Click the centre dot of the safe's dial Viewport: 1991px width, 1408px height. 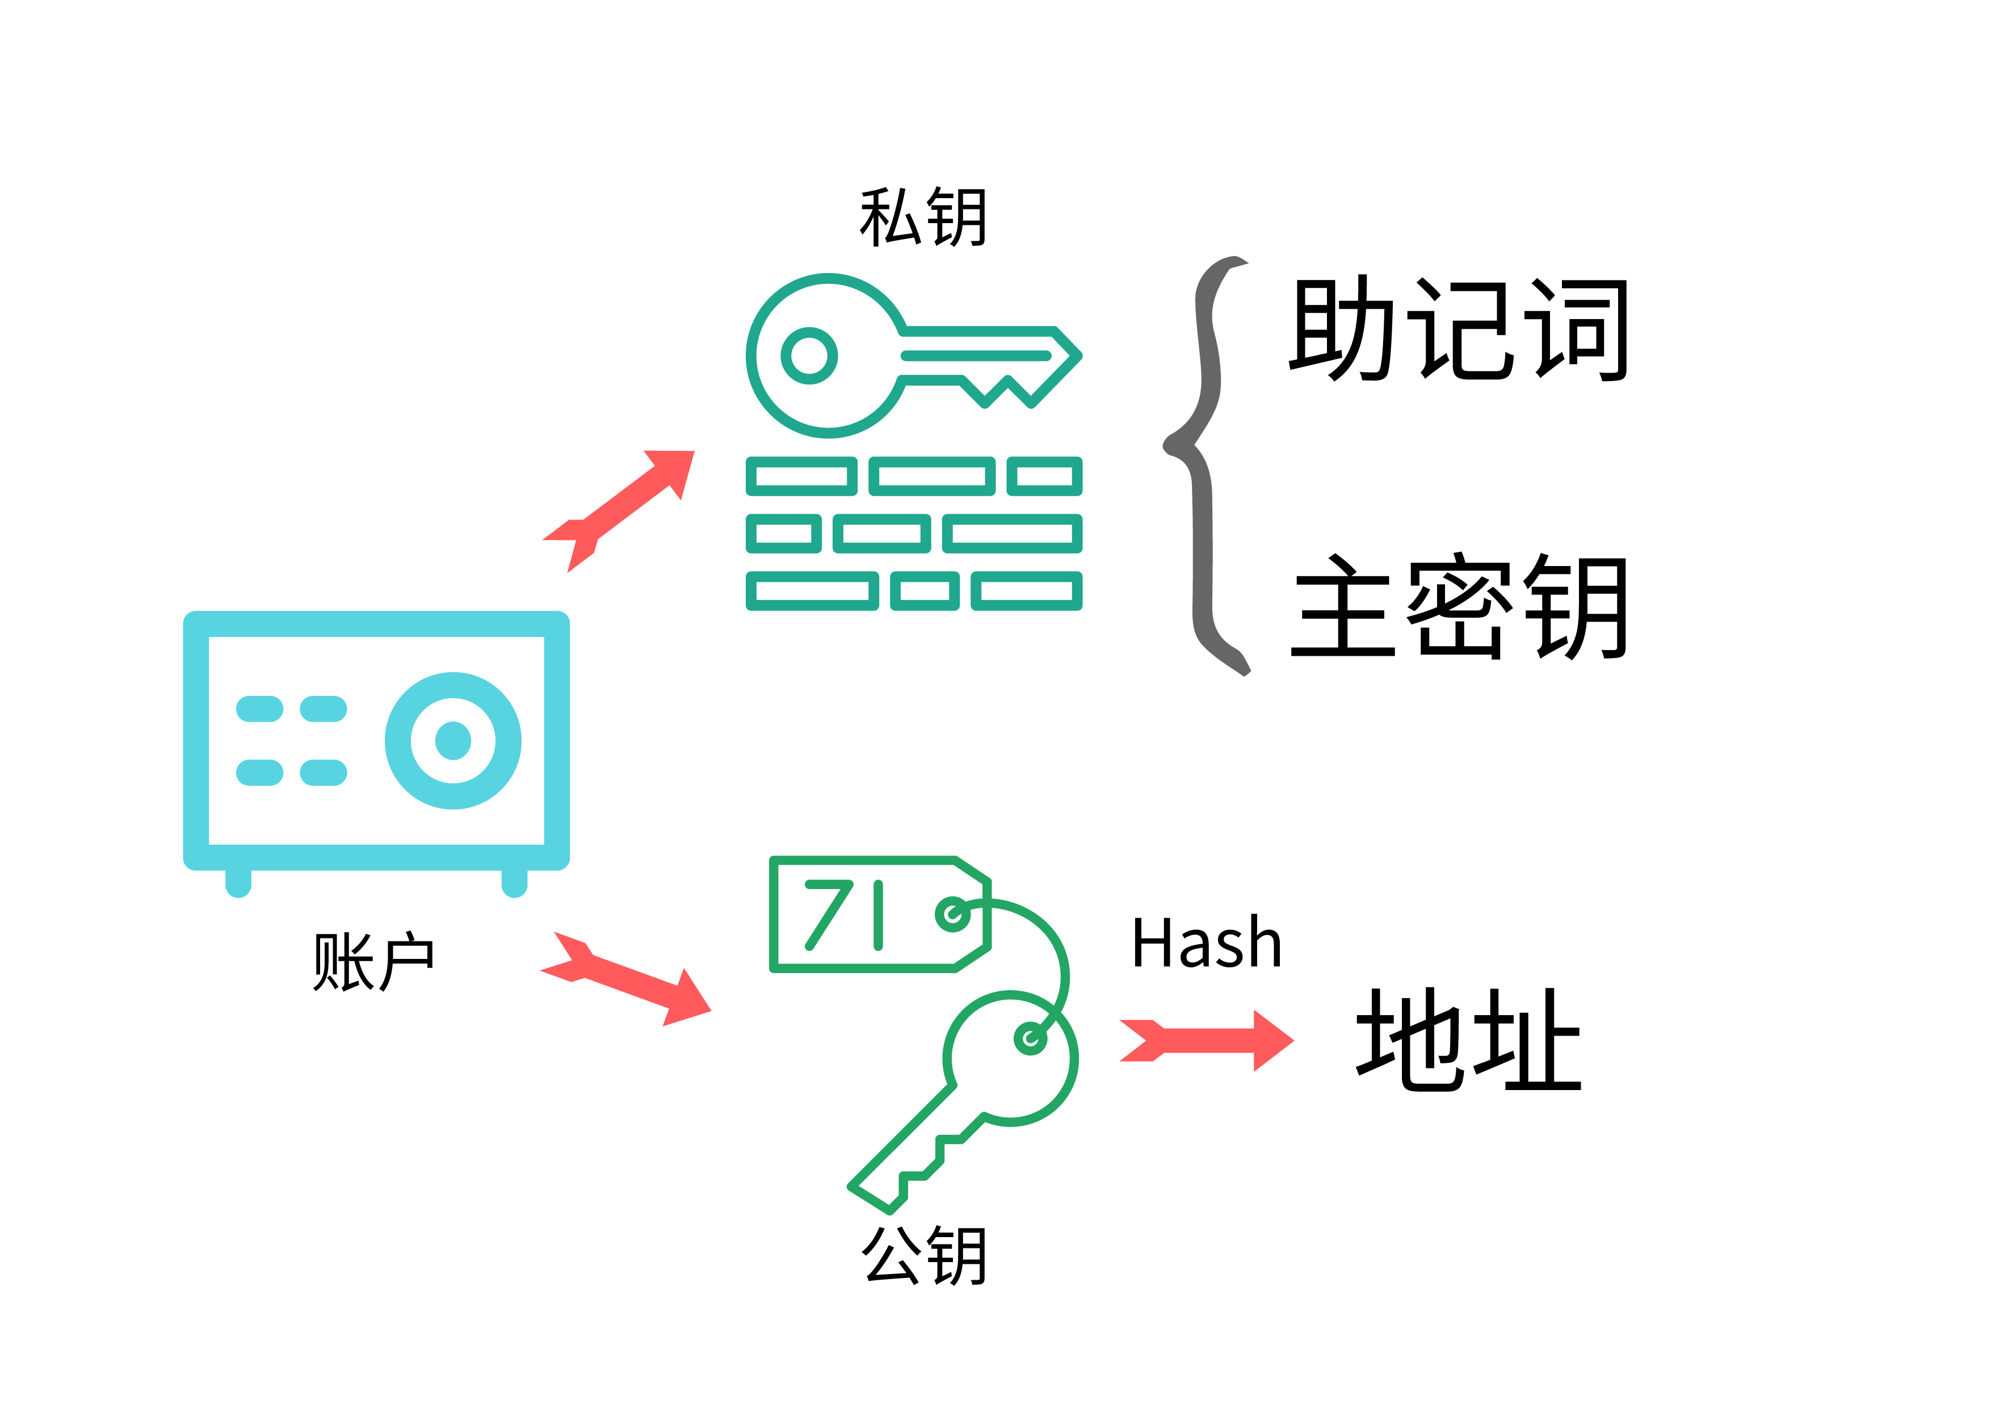pos(453,740)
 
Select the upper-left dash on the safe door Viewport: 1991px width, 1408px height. pos(259,709)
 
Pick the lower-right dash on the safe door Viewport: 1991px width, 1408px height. pos(324,772)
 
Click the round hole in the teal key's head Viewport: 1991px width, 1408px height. pos(809,355)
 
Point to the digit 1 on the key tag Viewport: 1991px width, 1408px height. pos(879,915)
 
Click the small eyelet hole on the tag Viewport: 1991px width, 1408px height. pos(953,913)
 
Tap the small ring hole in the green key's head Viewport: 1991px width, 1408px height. pos(1030,1038)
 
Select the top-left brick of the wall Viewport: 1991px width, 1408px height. pos(801,476)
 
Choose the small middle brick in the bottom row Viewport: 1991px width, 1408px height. pos(925,591)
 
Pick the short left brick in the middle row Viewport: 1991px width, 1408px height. pos(784,534)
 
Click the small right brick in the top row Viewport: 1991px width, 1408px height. pos(1044,476)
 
